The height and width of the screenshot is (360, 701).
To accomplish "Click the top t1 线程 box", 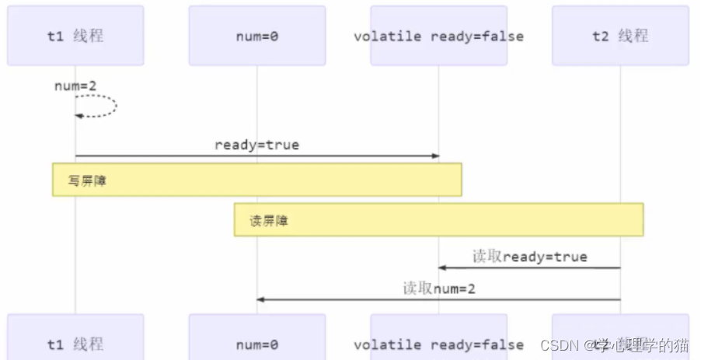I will click(75, 36).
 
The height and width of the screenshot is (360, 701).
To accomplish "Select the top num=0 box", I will click(256, 36).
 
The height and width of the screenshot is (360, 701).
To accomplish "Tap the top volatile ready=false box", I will click(438, 36).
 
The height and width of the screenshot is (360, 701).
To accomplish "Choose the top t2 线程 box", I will click(620, 36).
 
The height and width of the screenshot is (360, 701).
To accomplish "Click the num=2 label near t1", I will click(71, 86).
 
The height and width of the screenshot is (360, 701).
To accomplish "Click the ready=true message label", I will click(256, 145).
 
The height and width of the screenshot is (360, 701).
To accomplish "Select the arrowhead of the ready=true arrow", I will click(435, 156).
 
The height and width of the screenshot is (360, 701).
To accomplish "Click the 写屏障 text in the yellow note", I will click(87, 180).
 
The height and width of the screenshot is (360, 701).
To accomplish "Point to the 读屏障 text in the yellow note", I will click(269, 221).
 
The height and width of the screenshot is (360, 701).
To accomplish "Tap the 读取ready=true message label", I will click(529, 257).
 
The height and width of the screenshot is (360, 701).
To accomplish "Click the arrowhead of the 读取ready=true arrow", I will click(442, 267).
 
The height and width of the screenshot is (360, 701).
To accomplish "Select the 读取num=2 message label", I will click(438, 288).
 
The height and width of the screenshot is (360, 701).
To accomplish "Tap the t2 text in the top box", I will click(600, 36).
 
